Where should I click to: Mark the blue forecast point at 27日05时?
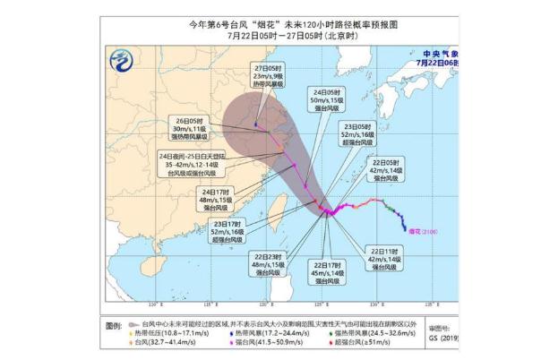tap(256, 125)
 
